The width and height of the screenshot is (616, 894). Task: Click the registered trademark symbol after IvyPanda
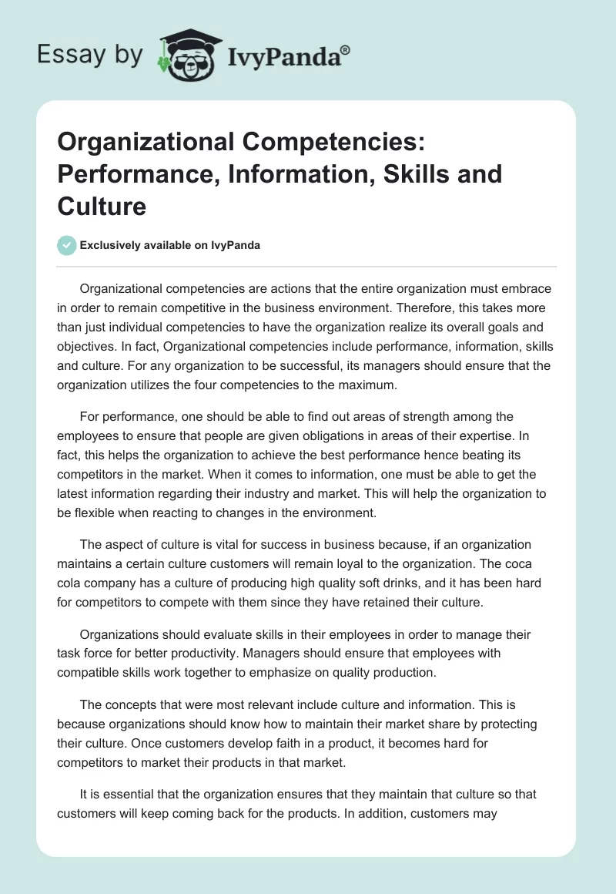346,50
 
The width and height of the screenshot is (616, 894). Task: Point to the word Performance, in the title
133,174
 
